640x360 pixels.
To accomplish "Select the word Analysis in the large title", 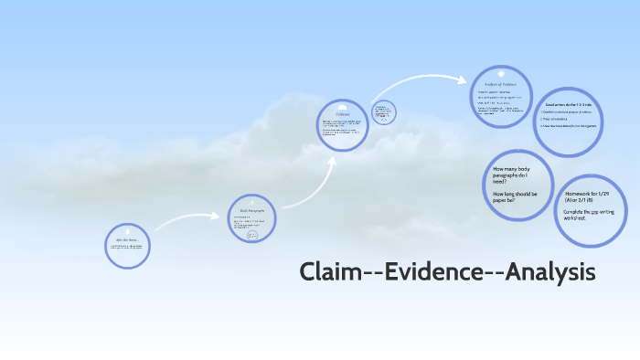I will pos(547,272).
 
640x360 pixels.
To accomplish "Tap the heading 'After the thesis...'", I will pos(127,239).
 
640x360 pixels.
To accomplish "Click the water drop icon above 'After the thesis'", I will pos(128,229).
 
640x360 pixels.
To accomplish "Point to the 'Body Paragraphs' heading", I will pos(251,209).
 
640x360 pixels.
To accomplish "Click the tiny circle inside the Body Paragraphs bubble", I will pos(252,234).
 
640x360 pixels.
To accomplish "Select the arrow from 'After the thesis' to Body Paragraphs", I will pos(187,219).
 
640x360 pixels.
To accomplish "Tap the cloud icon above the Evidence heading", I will pos(343,108).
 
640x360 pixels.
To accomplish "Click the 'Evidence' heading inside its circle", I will pos(343,115).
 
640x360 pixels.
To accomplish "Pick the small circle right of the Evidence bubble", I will pos(385,112).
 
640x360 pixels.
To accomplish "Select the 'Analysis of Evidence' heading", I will pos(500,83).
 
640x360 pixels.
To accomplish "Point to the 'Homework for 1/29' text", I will pos(592,198).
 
